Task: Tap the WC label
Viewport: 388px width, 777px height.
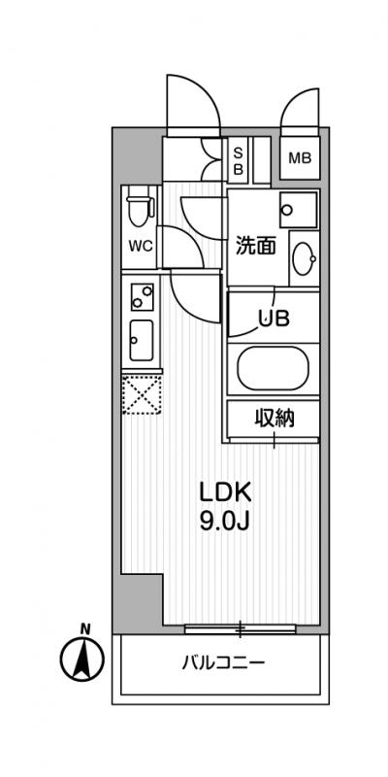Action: pos(141,246)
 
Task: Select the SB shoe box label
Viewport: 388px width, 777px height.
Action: pos(238,161)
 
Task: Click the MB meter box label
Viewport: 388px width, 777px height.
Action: pos(300,158)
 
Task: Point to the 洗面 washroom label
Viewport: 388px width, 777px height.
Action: pos(255,247)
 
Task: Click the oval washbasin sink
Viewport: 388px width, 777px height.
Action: pos(303,258)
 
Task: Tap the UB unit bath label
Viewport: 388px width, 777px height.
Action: pos(274,320)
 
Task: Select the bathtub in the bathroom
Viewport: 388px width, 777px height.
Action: pos(274,368)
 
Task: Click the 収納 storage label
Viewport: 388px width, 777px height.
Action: pos(275,419)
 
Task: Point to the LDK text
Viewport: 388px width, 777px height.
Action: pos(226,493)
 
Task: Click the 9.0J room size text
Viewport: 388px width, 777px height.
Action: pos(225,522)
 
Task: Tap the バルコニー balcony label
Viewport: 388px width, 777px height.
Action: pos(224,662)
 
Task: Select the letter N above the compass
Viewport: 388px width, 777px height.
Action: pos(85,629)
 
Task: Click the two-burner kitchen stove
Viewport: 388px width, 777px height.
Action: pos(142,297)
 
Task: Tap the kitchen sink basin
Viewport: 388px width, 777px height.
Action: pos(142,340)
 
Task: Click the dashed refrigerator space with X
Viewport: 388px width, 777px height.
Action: pos(142,394)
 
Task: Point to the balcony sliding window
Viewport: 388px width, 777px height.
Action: pos(240,628)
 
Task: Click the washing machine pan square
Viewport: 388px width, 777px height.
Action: pos(298,210)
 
